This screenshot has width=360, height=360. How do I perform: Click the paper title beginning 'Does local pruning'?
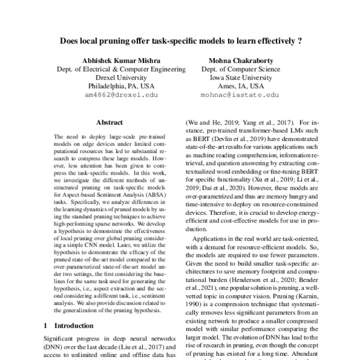point(179,43)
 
